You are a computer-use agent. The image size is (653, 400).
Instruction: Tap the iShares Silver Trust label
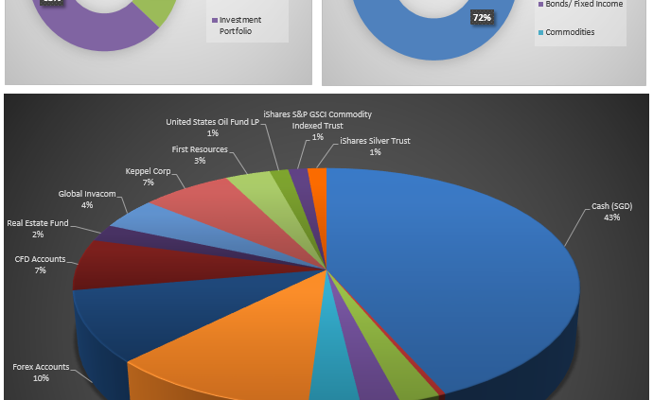coord(375,146)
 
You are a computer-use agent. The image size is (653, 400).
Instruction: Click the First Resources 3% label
coord(199,154)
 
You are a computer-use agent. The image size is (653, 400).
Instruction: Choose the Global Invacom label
coord(87,199)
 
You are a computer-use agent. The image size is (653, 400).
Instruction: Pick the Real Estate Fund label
coord(38,228)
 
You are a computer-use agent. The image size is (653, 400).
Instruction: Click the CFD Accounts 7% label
coord(39,264)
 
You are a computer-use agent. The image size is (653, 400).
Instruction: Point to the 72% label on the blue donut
coord(482,17)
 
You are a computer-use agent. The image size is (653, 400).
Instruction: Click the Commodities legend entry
coord(570,31)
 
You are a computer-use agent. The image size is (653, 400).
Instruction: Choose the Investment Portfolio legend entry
coord(240,25)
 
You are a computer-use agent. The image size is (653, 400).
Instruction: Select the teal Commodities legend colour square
coord(540,31)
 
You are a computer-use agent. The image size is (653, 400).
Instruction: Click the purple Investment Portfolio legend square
coord(213,20)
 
